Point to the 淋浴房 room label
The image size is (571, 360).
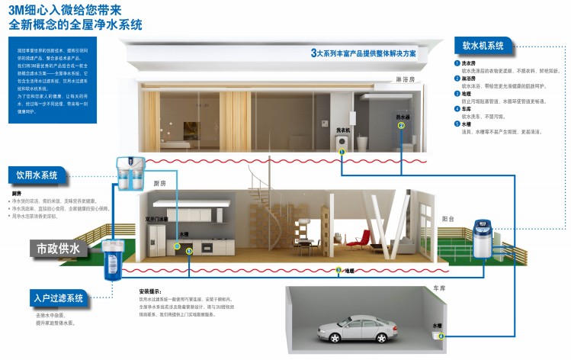coord(406,79)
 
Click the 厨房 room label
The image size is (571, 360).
coord(159,183)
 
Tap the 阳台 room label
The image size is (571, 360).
coord(449,218)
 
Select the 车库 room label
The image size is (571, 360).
coord(438,289)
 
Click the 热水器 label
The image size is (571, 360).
coord(402,117)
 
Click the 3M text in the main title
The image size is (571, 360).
coord(18,10)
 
